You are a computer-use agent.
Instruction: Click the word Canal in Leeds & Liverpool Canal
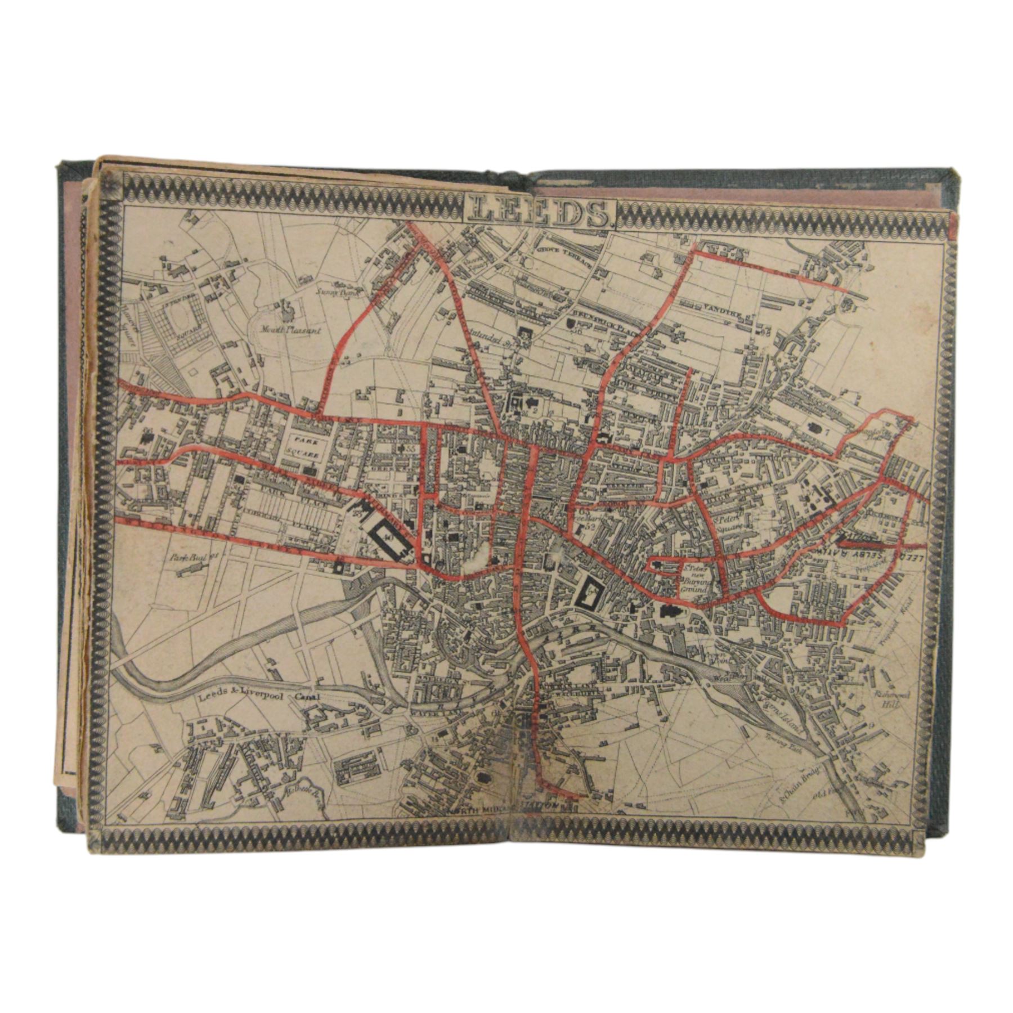307,698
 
